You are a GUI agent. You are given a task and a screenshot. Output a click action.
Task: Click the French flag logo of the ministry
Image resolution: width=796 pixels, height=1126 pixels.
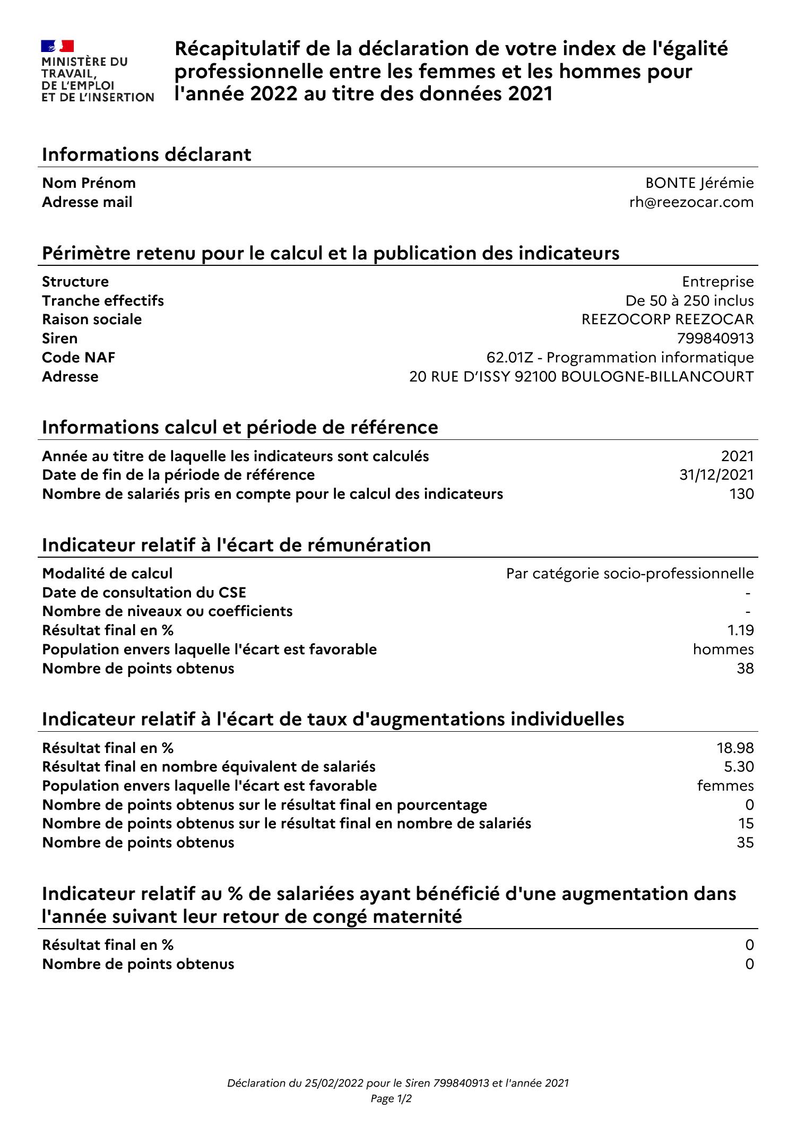tap(58, 46)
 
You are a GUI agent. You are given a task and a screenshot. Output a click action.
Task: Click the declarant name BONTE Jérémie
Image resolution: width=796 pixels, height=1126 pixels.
tap(699, 183)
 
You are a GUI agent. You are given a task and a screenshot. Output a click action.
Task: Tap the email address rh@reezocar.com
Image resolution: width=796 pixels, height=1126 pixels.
tap(691, 202)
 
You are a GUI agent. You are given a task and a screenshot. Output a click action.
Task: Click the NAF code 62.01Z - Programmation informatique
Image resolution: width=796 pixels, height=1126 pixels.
tap(620, 358)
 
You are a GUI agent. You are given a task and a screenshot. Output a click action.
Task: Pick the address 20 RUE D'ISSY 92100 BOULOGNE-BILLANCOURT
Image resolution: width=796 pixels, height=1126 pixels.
tap(581, 377)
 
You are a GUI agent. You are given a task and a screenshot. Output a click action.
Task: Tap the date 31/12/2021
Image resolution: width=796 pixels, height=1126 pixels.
tap(716, 475)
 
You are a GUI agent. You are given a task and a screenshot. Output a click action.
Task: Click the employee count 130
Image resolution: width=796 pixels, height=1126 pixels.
tap(741, 494)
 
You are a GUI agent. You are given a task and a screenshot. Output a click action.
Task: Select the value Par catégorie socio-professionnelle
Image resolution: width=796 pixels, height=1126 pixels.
tap(630, 574)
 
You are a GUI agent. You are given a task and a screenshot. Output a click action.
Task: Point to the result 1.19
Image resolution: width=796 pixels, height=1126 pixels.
tap(740, 630)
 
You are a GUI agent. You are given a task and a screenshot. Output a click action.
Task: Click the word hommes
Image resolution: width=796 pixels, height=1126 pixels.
tap(723, 649)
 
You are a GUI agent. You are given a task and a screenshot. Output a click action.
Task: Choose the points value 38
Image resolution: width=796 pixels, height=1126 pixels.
tap(745, 669)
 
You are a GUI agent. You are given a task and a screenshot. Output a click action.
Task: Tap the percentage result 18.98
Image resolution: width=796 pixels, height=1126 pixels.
tap(735, 748)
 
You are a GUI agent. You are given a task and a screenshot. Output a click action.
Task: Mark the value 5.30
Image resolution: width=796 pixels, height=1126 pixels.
tap(739, 767)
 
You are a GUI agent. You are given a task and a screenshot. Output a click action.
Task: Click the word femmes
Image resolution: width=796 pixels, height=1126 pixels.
tap(725, 786)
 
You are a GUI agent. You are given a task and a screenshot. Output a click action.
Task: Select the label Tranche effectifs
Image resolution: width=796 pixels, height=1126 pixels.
tap(103, 301)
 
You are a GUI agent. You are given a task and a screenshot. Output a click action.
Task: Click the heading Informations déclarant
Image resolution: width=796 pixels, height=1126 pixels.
tap(146, 155)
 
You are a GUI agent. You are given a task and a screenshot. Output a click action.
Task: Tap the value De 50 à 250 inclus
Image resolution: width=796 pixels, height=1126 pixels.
tap(689, 301)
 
